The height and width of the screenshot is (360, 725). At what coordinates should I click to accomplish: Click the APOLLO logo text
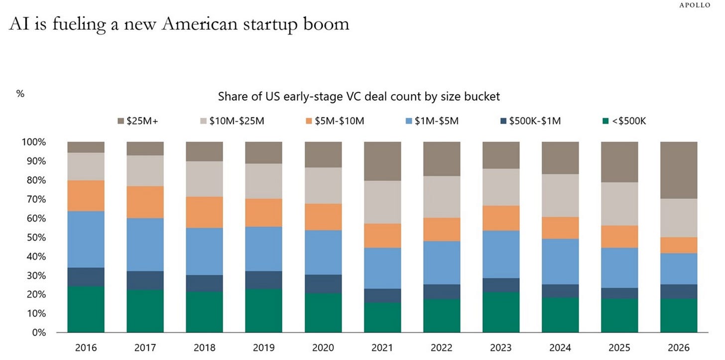point(695,5)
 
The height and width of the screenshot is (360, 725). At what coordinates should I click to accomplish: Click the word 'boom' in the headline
point(326,24)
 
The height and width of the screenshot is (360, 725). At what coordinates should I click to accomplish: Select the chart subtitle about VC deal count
point(359,97)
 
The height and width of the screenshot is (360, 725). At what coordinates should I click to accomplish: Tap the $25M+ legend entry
point(138,121)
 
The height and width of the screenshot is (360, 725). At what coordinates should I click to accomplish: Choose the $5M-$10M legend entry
point(335,121)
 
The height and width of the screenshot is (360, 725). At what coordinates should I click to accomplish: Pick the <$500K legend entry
point(624,121)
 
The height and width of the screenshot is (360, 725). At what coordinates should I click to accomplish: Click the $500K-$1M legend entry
point(530,121)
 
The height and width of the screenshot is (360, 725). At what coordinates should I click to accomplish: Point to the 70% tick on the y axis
point(36,199)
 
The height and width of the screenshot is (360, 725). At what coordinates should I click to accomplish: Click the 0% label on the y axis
point(39,333)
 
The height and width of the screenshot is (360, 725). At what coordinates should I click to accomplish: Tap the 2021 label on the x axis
point(382,348)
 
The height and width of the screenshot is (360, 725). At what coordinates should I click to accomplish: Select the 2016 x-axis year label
point(86,348)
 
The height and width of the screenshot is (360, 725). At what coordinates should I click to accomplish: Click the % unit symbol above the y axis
point(20,94)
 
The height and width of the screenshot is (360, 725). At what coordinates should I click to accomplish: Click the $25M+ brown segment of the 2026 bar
point(679,170)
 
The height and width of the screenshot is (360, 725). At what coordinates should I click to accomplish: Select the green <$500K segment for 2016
point(86,309)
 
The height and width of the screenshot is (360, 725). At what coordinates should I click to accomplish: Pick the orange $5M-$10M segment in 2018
point(204,213)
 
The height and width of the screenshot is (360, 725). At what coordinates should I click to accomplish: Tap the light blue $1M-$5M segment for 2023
point(501,254)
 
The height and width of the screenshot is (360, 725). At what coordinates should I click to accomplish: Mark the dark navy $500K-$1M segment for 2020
point(323,284)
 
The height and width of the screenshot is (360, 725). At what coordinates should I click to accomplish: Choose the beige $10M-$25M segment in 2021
point(382,202)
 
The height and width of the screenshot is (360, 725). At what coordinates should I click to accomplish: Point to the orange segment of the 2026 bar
point(679,245)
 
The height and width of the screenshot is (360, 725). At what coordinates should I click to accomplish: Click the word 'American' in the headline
point(200,24)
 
